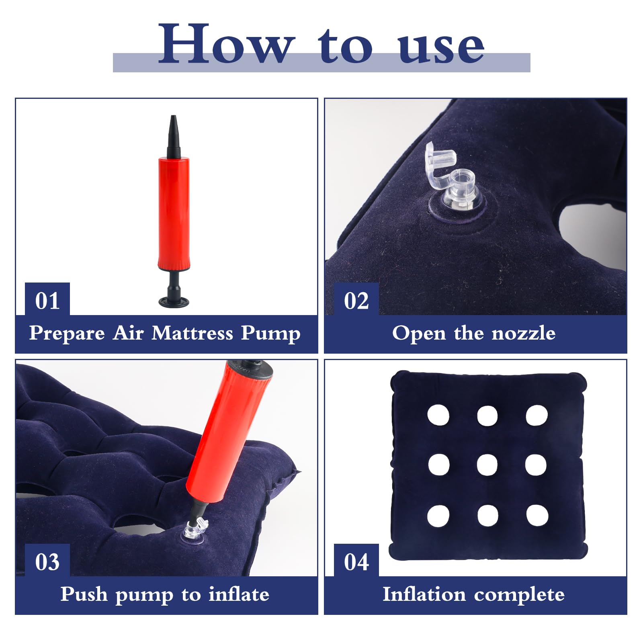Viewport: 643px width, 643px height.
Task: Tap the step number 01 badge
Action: tap(47, 300)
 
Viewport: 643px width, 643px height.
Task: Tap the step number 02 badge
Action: tap(356, 300)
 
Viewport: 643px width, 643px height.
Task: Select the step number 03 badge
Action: tap(47, 561)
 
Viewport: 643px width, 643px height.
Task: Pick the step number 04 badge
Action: tap(356, 561)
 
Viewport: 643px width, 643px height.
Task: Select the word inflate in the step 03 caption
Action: tap(239, 594)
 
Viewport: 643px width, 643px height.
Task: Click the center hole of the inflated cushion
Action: tap(487, 465)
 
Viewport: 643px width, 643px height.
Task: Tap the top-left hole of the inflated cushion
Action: tap(438, 415)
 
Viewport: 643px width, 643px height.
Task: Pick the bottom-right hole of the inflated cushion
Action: tap(537, 516)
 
